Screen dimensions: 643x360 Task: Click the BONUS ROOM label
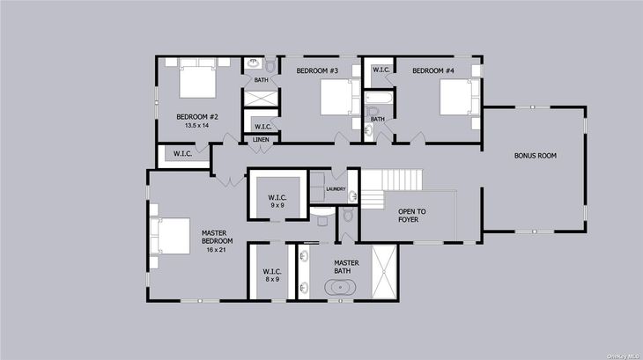536,156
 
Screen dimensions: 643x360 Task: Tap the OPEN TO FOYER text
411,216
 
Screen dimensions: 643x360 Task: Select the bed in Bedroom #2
197,78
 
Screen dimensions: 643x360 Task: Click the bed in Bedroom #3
340,97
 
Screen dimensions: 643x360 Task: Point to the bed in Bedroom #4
459,97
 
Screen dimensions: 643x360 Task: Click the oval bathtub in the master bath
340,288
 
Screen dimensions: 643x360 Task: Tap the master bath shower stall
384,272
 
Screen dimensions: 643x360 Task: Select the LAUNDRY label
336,189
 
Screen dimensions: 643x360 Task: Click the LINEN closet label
261,140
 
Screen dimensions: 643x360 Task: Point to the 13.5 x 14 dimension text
196,126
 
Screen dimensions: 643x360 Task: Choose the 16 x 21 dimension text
216,250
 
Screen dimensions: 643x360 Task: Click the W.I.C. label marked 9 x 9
277,198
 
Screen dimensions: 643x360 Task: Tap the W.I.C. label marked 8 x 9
272,271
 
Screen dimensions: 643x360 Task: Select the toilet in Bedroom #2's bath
270,65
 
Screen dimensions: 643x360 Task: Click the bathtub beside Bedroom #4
379,98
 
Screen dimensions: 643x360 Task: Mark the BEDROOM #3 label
317,70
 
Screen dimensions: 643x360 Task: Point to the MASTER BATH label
346,267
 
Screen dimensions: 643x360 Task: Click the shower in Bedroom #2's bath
262,99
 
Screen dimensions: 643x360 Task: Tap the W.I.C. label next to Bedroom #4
381,70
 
